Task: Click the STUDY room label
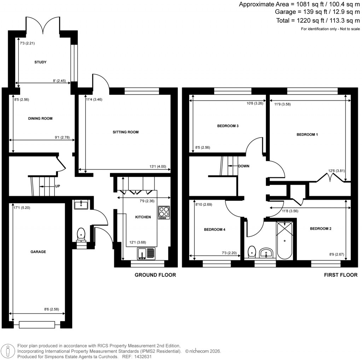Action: tap(40, 62)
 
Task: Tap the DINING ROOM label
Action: tap(40, 118)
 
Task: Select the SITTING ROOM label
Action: tap(125, 132)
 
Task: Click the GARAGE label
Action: tap(38, 252)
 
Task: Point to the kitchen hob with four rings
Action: tap(164, 213)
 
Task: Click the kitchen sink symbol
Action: tap(146, 254)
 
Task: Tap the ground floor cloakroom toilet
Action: tap(81, 234)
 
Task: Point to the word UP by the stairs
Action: tap(57, 186)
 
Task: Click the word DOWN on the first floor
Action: tap(244, 166)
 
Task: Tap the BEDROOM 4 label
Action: tap(215, 230)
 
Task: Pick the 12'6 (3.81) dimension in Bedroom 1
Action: tap(337, 171)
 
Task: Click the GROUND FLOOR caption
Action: tap(155, 275)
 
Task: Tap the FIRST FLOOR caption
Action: tap(340, 275)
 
